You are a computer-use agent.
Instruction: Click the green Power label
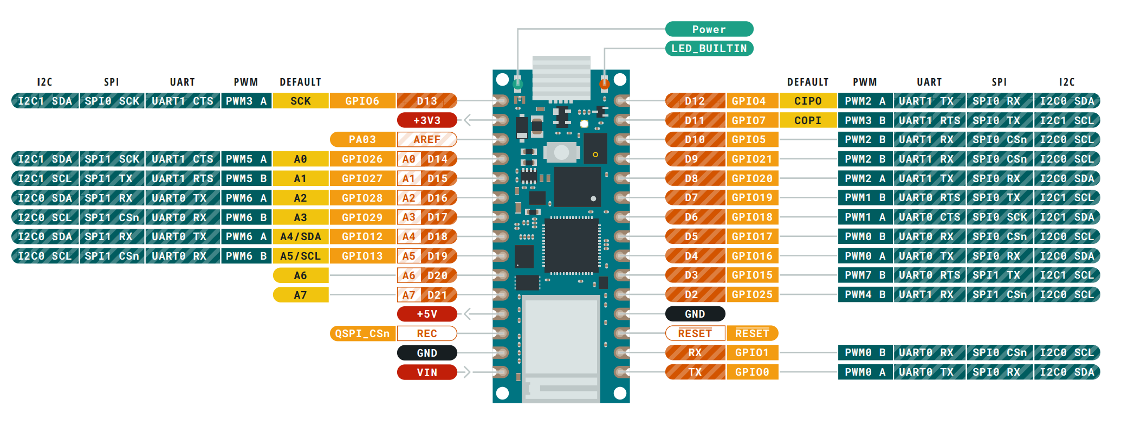coord(709,29)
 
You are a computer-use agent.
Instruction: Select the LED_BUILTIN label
coord(709,48)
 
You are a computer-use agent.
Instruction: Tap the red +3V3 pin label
coord(427,120)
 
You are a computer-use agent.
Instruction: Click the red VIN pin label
coord(427,372)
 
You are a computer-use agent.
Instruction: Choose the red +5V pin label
coord(427,314)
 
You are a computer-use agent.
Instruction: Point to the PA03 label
coord(362,139)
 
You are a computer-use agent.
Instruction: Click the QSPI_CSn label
coord(362,333)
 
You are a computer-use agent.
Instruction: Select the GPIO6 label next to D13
coord(362,101)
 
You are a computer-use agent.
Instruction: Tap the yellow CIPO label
coord(807,101)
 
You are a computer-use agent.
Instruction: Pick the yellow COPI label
coord(807,120)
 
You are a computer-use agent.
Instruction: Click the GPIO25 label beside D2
coord(752,294)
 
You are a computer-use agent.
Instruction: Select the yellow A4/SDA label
coord(300,236)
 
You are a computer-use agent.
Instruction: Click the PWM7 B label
coord(865,275)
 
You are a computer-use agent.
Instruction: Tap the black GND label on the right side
coord(695,314)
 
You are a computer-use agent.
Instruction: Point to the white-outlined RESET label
coord(695,333)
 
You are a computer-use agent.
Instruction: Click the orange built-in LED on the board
coord(605,83)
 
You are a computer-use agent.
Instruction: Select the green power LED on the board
coord(517,84)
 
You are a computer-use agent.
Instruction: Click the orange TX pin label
coord(695,372)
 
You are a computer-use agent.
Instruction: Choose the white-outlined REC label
coord(427,333)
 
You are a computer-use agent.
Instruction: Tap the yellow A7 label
coord(300,295)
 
